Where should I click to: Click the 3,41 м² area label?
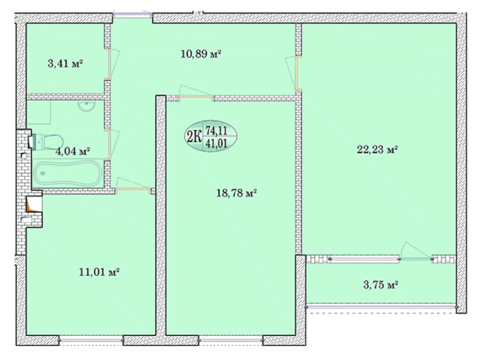coord(65,64)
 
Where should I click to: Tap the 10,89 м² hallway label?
coord(201,54)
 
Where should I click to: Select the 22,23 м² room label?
coord(377,150)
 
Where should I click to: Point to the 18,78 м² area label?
coord(236,193)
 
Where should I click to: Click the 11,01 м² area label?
coord(99,272)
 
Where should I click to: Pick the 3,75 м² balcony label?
coord(381,285)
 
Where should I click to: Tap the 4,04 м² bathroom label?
coord(72,152)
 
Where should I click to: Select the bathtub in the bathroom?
coord(68,173)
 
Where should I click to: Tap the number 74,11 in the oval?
coord(216,130)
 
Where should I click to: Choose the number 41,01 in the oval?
coord(216,143)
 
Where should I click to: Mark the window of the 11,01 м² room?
coord(91,340)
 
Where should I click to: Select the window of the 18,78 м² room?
coord(231,340)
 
